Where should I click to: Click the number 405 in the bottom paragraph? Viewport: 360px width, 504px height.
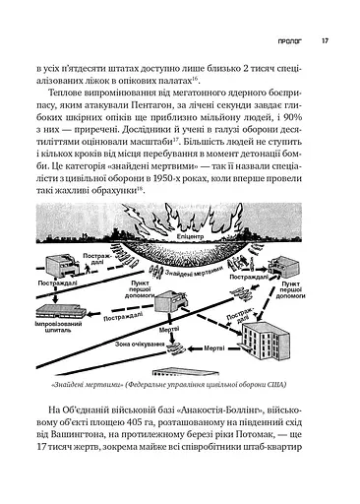pos(154,425)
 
